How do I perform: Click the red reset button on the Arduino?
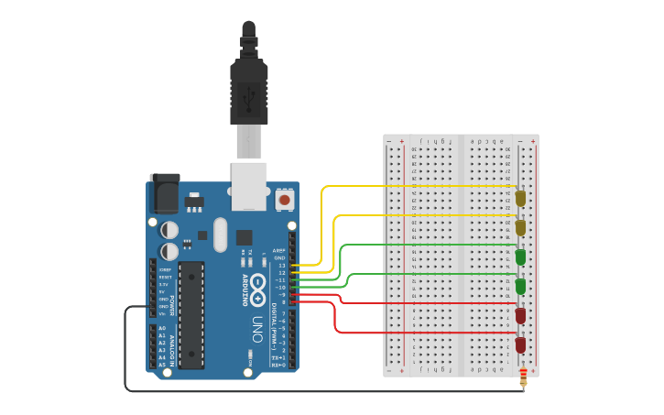(284, 199)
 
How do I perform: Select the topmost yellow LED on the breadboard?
(520, 197)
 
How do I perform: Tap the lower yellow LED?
(520, 226)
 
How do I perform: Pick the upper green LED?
(520, 257)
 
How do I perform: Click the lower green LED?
(520, 286)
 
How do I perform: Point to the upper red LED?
(520, 315)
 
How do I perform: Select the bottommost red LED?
(520, 344)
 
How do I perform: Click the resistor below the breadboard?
(523, 377)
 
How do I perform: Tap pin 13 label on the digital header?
(282, 266)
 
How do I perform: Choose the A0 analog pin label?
(162, 328)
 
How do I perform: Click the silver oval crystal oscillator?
(220, 235)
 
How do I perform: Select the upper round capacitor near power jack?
(170, 229)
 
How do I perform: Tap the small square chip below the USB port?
(244, 235)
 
